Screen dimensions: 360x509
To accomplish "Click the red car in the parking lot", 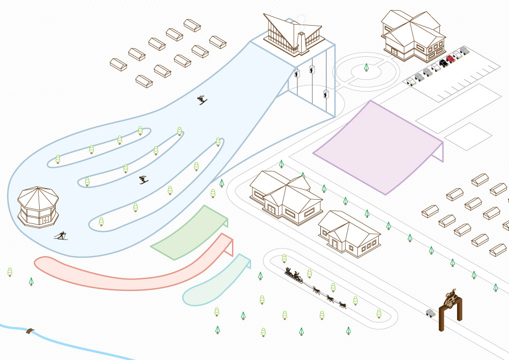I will [x=450, y=59].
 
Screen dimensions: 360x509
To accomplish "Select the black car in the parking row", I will [x=443, y=63].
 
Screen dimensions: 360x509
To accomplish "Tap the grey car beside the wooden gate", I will [x=430, y=312].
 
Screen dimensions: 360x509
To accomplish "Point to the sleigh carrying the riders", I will [x=294, y=276].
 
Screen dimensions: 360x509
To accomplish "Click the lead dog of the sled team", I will [x=342, y=305].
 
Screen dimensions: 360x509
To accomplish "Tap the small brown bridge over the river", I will [x=29, y=331].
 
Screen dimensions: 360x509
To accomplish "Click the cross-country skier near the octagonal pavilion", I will [x=61, y=235].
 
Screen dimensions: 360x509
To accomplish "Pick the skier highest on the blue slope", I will [x=202, y=100].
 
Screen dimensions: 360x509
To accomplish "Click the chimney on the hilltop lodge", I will [x=302, y=41].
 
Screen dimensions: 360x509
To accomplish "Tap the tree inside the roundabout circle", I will [x=366, y=67].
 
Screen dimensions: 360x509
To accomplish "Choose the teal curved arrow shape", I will [x=214, y=281].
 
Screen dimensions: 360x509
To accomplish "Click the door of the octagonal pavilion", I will [x=46, y=220].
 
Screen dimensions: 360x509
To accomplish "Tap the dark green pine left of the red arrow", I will [x=31, y=281].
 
